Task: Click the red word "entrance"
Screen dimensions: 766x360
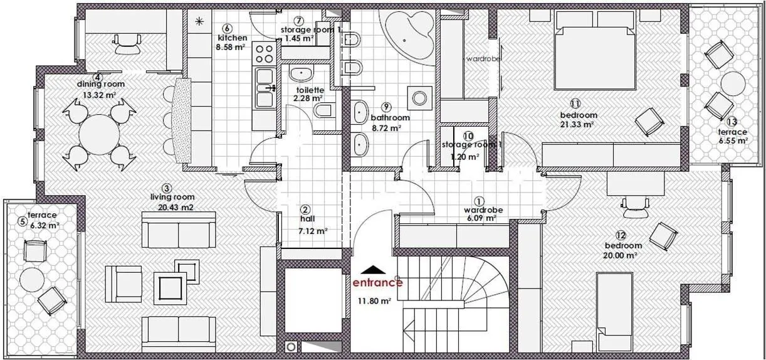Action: click(x=377, y=283)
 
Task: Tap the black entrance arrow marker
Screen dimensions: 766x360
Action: click(x=374, y=270)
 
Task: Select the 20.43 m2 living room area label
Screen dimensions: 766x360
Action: click(x=176, y=207)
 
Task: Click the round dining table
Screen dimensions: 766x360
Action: click(x=100, y=135)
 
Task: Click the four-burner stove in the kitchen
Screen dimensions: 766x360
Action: click(x=264, y=54)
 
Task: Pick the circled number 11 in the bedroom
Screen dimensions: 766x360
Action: click(x=575, y=103)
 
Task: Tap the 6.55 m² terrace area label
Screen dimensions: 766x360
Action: click(x=733, y=140)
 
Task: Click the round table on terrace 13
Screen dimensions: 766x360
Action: click(x=733, y=83)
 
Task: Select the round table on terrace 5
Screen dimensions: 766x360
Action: click(x=32, y=280)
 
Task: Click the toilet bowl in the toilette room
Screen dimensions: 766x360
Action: click(x=322, y=110)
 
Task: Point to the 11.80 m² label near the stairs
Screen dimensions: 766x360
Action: click(x=374, y=301)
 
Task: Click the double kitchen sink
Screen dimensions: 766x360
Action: click(x=265, y=88)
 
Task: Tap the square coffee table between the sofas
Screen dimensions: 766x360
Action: click(x=171, y=288)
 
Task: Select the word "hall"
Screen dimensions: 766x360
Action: click(x=307, y=219)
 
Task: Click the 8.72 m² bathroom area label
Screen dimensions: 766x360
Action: click(x=386, y=129)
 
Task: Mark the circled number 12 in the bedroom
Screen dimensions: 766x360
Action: click(x=621, y=235)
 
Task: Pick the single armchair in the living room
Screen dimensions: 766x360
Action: click(x=123, y=284)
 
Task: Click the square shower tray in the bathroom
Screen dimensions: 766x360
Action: click(x=419, y=98)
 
